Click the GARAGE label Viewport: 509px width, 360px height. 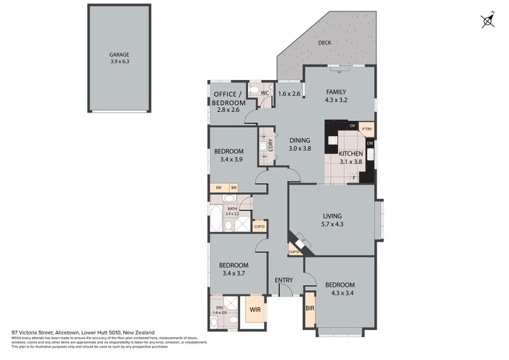tap(119, 55)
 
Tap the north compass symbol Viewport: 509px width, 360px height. tap(488, 21)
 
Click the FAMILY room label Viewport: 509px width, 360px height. tap(336, 91)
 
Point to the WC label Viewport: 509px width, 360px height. tap(266, 92)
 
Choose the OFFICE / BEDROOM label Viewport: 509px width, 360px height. tap(228, 99)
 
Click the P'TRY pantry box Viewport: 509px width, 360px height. tap(366, 129)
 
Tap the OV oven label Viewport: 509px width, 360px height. tap(352, 125)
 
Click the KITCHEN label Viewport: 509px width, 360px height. tap(351, 154)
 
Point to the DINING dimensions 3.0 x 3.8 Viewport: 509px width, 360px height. tap(300, 148)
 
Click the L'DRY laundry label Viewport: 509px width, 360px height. tap(270, 145)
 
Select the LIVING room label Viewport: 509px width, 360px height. tap(332, 216)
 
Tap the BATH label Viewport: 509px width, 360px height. tap(232, 208)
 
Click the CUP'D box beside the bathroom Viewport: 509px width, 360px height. tap(260, 226)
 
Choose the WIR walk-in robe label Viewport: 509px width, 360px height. tap(254, 310)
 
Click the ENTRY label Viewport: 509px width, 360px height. tap(284, 280)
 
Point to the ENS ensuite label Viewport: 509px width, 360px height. tap(219, 307)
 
